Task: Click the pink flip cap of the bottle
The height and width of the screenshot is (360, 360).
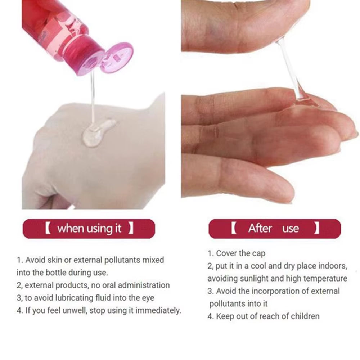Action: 116,58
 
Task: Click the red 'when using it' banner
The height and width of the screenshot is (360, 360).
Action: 89,229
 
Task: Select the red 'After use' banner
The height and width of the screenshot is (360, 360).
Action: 274,229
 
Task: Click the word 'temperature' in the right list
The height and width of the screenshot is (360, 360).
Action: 326,278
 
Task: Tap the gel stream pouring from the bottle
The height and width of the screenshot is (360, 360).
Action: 93,97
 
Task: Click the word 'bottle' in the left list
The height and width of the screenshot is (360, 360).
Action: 55,272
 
